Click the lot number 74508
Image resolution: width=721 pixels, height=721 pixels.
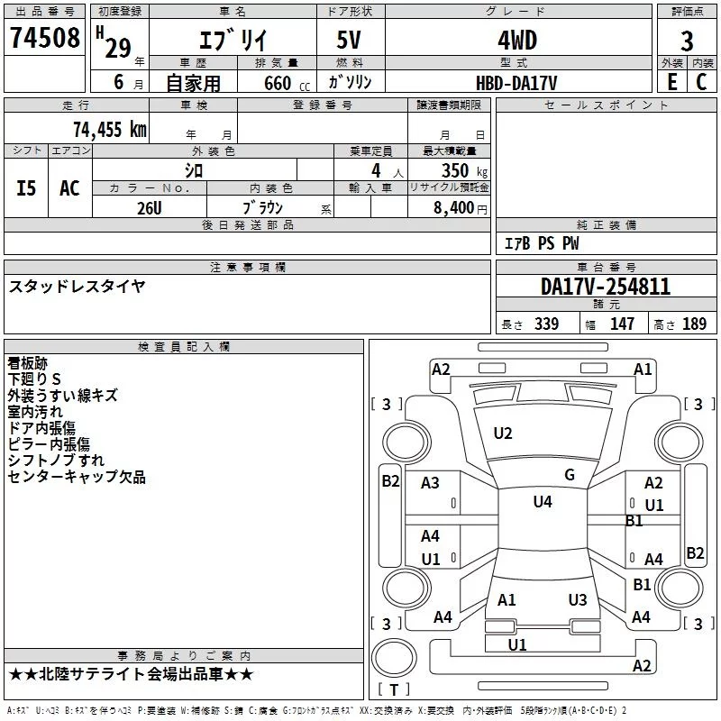[44, 37]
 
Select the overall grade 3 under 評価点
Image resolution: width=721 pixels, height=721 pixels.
[687, 41]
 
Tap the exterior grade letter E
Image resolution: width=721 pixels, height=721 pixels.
[671, 82]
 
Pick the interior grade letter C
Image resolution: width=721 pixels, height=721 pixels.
[701, 82]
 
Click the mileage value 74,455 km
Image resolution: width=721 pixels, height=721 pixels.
[110, 129]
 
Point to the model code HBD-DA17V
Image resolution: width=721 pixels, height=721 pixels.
[516, 83]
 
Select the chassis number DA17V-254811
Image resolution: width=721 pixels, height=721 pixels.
[605, 287]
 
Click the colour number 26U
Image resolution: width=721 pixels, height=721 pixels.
[149, 208]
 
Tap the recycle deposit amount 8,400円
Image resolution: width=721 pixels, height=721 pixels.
[460, 208]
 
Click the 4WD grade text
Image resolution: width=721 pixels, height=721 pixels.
[517, 41]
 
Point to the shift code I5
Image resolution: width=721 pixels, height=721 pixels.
[26, 188]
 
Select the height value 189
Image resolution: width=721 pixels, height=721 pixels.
[694, 324]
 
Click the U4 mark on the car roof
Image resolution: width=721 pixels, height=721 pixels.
[543, 502]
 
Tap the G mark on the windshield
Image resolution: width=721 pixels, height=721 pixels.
[570, 475]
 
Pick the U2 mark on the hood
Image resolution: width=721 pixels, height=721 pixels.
[503, 434]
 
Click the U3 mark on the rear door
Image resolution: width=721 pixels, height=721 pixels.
[578, 599]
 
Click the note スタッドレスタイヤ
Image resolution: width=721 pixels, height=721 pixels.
[77, 287]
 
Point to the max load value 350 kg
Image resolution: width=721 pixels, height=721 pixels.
[464, 171]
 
